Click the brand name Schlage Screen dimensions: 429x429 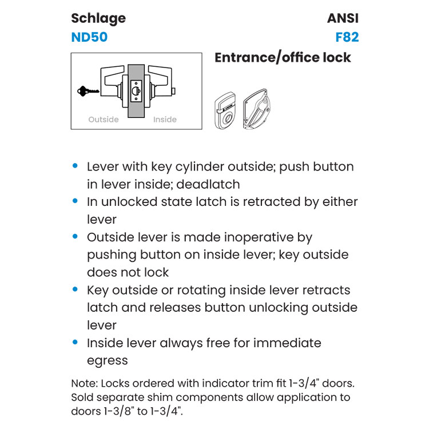click(x=98, y=18)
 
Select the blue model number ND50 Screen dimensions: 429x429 click(x=89, y=38)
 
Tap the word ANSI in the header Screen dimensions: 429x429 click(x=343, y=18)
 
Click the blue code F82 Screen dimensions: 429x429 click(x=347, y=38)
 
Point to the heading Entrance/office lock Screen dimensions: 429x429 click(x=283, y=57)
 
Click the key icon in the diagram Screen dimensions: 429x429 click(x=88, y=90)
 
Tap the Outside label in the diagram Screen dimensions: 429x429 click(x=104, y=120)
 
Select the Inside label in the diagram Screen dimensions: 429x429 click(x=165, y=120)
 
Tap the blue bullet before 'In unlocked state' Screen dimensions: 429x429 click(x=75, y=201)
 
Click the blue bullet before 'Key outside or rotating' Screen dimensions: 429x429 click(x=75, y=289)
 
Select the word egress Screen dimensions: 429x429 click(x=107, y=360)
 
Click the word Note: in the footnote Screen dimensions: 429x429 click(x=85, y=383)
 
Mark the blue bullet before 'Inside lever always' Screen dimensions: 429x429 click(x=75, y=343)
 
